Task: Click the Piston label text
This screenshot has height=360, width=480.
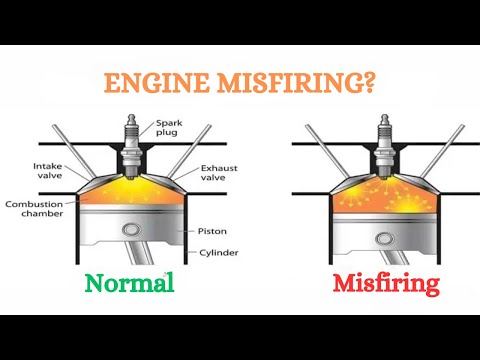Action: point(212,229)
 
